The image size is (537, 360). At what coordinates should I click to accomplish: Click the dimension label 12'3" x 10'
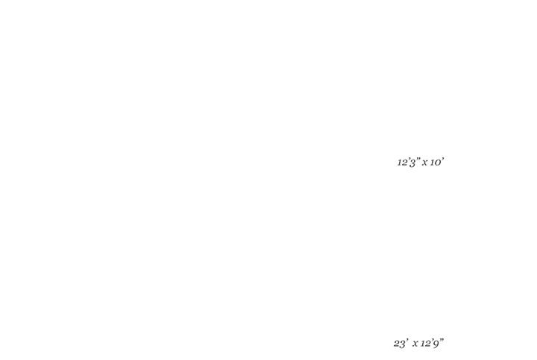421,162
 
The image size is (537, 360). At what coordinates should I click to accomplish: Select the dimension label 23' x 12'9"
418,343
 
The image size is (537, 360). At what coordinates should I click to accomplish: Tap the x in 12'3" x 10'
424,162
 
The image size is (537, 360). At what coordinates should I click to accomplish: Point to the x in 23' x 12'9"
415,344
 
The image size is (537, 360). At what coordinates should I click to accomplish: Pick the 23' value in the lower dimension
401,343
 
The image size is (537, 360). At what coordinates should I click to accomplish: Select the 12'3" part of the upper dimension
409,162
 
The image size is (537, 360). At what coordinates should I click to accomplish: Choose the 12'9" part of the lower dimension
432,343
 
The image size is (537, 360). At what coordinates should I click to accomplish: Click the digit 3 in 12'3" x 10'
412,163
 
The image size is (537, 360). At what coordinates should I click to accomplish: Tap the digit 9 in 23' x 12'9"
436,344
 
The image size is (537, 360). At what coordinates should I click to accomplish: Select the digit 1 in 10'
432,162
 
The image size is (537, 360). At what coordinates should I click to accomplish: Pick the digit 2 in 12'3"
403,162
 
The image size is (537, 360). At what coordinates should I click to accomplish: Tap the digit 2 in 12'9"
427,344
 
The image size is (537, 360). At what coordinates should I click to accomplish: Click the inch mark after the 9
442,340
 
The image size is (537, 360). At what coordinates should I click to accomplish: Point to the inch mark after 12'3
418,159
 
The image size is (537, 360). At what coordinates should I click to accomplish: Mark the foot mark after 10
443,159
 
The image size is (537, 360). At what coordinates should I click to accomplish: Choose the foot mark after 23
407,340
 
